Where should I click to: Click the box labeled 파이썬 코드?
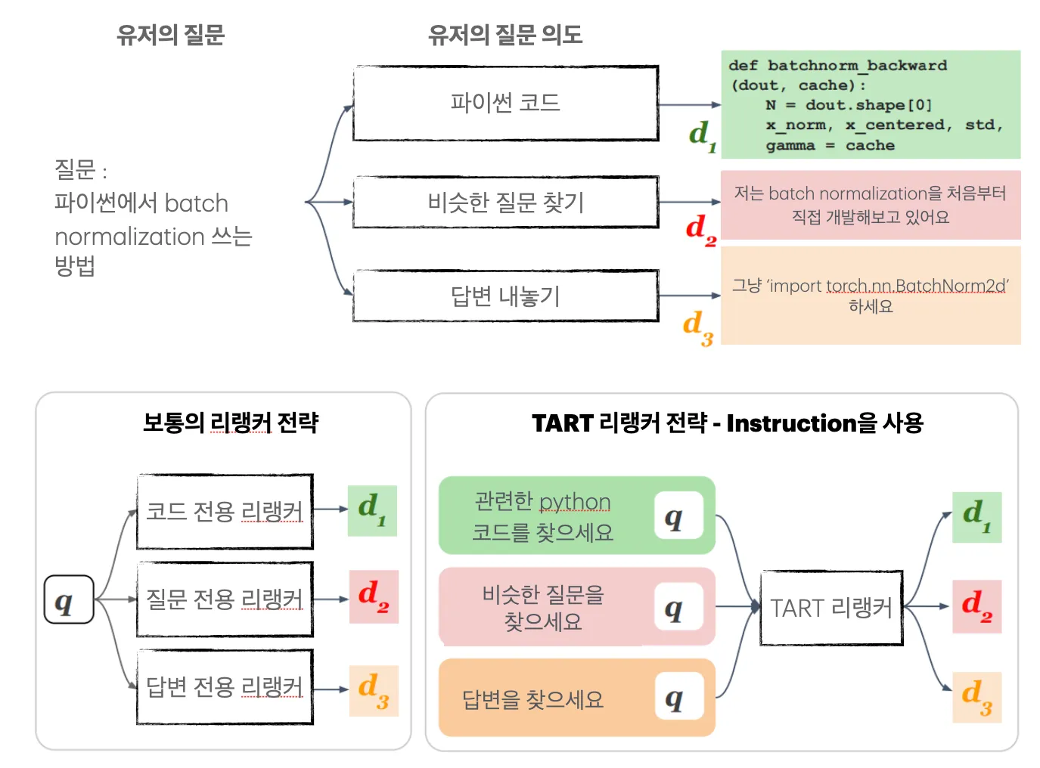pyautogui.click(x=505, y=103)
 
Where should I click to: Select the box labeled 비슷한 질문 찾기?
pyautogui.click(x=505, y=202)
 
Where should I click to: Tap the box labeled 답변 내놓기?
pyautogui.click(x=505, y=296)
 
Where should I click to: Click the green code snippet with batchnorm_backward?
pyautogui.click(x=870, y=104)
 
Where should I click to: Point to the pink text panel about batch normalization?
pyautogui.click(x=870, y=205)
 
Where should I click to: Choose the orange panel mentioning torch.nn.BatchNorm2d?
pyautogui.click(x=870, y=296)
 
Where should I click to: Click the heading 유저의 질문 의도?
pyautogui.click(x=505, y=34)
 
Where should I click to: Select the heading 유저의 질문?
pyautogui.click(x=170, y=34)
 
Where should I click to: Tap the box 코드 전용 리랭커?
pyautogui.click(x=225, y=512)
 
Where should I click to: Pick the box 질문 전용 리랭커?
pyautogui.click(x=225, y=599)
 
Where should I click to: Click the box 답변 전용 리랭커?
pyautogui.click(x=225, y=686)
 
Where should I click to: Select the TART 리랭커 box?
pyautogui.click(x=831, y=608)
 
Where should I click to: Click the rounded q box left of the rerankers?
pyautogui.click(x=69, y=599)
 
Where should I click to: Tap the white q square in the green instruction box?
pyautogui.click(x=678, y=516)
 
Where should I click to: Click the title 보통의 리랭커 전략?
pyautogui.click(x=231, y=422)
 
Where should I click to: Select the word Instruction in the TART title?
pyautogui.click(x=791, y=423)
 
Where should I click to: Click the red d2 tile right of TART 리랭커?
pyautogui.click(x=976, y=606)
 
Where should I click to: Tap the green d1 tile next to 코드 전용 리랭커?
pyautogui.click(x=372, y=511)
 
